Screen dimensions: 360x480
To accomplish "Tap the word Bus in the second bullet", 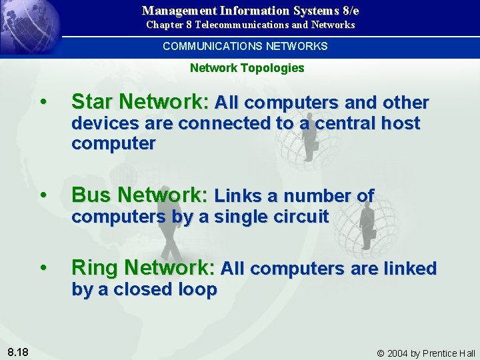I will tap(89, 195).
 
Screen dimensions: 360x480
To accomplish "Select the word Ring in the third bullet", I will tap(93, 268).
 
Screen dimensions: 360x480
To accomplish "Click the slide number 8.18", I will tap(17, 351).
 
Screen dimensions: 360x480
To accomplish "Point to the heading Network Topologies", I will tap(247, 68).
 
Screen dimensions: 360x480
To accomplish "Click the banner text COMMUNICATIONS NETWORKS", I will tap(245, 46).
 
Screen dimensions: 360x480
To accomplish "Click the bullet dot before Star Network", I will tap(43, 103).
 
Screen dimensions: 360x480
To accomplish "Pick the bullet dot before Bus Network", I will tap(43, 195).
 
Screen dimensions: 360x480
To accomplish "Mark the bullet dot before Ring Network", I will tap(43, 268).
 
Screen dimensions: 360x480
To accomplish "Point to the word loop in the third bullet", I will tap(198, 289).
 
